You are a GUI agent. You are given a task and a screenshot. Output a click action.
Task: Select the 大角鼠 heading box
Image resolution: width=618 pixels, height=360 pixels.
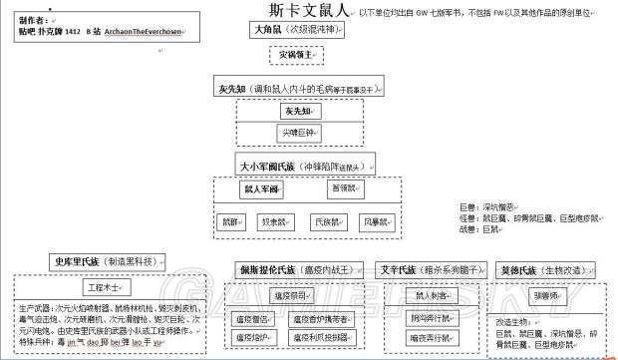[x=242, y=31]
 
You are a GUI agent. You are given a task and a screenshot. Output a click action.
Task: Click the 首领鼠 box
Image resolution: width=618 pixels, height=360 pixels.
[x=341, y=188]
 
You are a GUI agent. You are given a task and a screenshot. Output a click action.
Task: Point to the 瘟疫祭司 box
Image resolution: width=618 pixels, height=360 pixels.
[x=294, y=295]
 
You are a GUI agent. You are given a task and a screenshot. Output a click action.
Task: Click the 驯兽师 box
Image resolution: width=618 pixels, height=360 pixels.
[x=545, y=296]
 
